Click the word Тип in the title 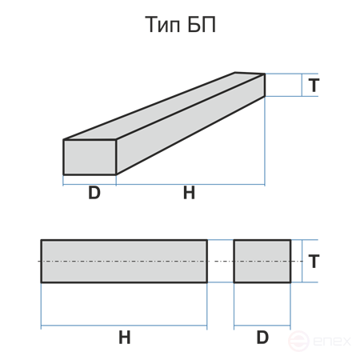click(162, 25)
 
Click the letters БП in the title click(202, 25)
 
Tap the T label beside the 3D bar click(314, 85)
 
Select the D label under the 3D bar click(94, 193)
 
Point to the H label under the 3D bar click(189, 193)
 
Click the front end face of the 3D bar click(90, 157)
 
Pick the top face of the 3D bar click(164, 106)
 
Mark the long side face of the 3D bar click(190, 124)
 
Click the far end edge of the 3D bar click(265, 85)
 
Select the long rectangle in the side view click(124, 261)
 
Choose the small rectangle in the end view click(262, 261)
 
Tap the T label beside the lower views click(314, 261)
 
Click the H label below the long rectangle click(125, 338)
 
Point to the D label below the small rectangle click(262, 338)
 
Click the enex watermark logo click(319, 341)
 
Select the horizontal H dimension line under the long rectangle click(124, 326)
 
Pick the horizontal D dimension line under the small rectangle click(262, 326)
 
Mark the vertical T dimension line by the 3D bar click(302, 85)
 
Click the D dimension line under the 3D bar click(90, 184)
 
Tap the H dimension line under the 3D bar click(190, 184)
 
